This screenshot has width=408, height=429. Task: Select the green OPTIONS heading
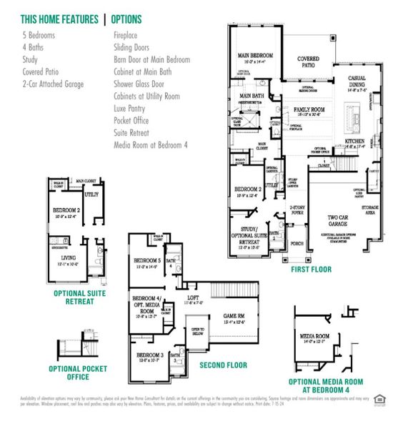coord(127,20)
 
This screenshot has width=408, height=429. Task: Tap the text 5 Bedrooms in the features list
coord(39,35)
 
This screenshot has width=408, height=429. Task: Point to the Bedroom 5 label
coord(147,261)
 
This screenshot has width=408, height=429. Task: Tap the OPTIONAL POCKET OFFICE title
coord(68,372)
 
